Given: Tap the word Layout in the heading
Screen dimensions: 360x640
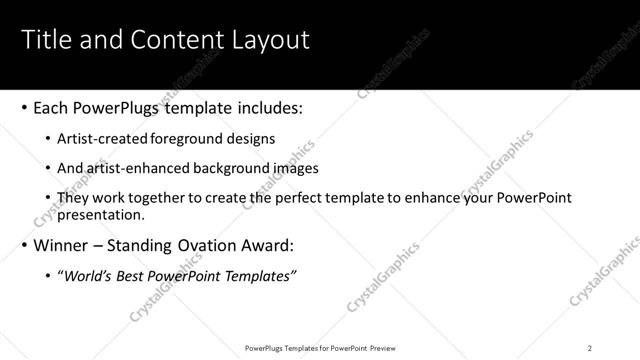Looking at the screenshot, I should (269, 40).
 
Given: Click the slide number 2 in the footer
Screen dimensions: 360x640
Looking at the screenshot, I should (590, 348).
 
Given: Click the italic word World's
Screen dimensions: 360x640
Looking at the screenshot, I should (88, 276).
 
